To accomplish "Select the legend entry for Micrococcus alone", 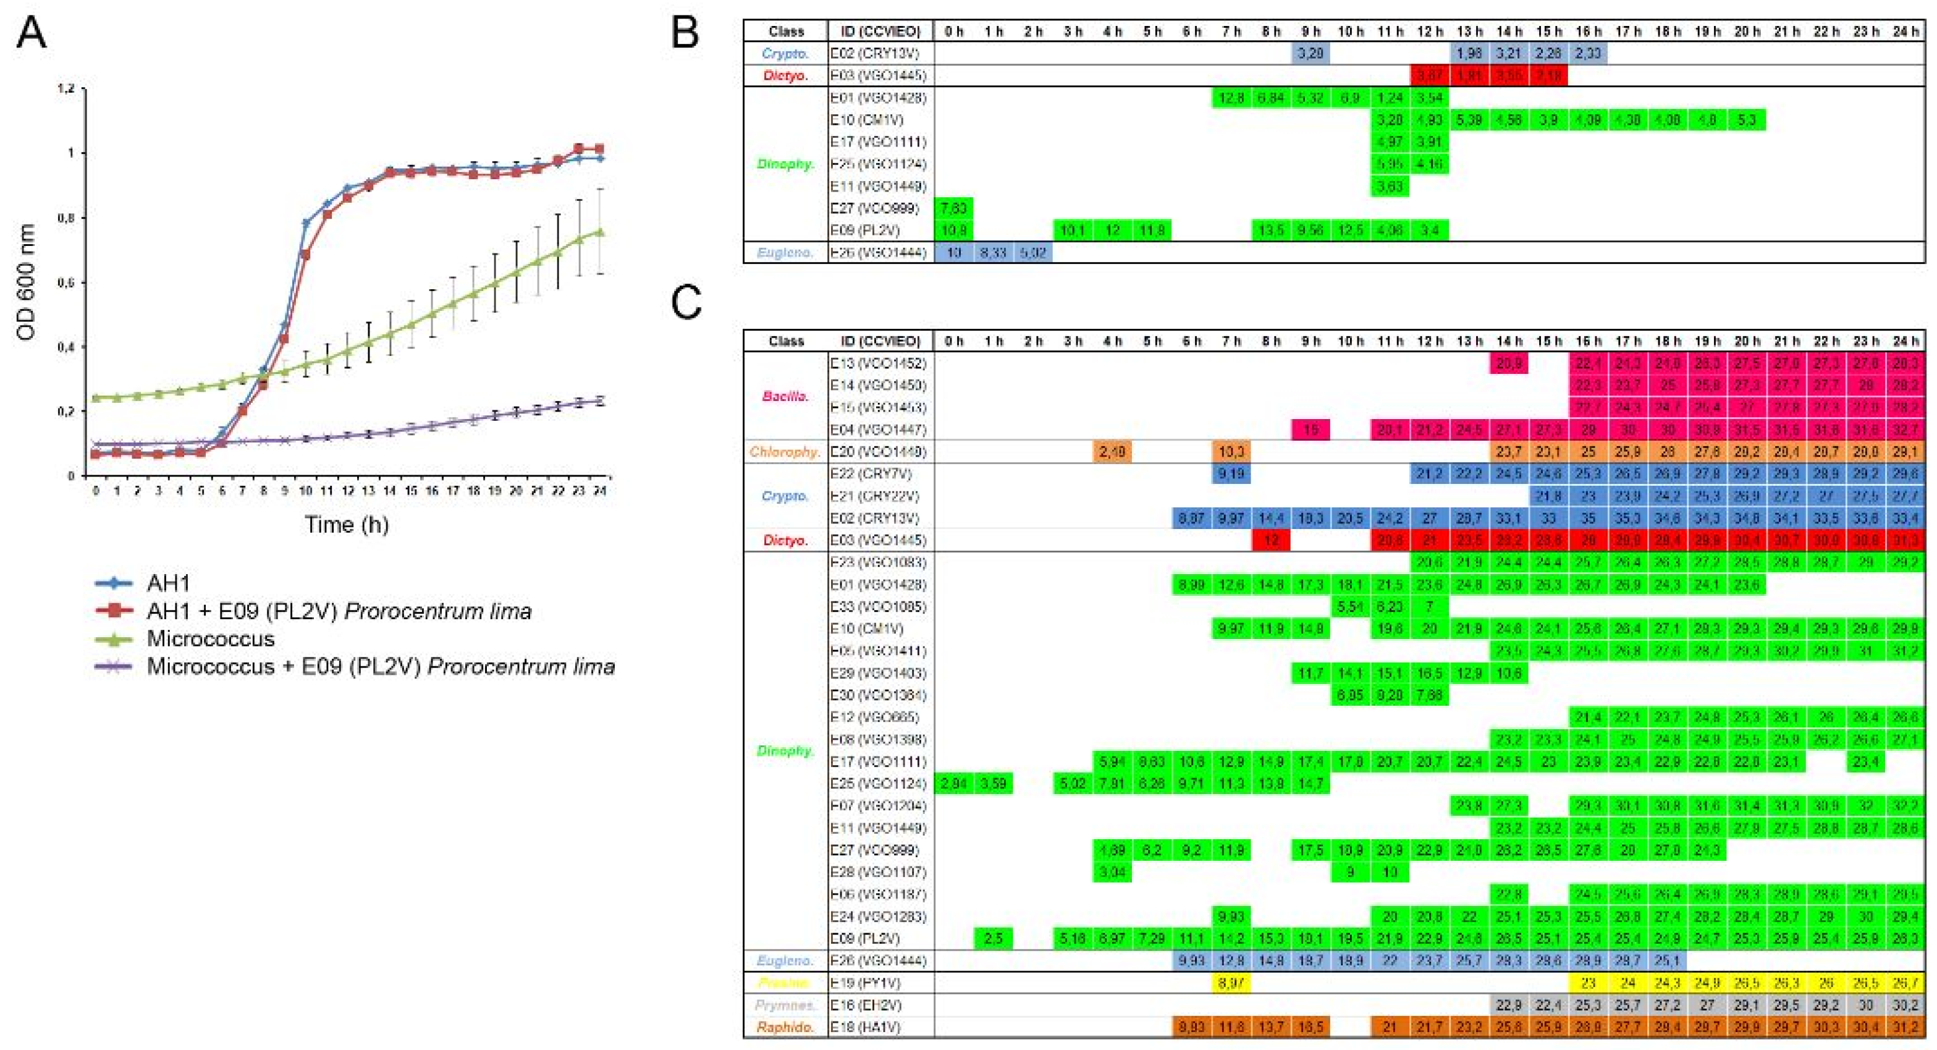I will pos(211,638).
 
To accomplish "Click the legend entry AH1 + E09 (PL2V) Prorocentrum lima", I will pos(339,611).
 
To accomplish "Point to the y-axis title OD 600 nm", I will pos(27,282).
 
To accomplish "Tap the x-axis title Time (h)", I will pos(346,524).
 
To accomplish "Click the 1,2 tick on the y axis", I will pos(66,89).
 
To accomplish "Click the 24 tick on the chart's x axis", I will pos(599,491).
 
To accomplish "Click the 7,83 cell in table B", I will pos(953,208).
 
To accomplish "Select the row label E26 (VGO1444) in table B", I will pos(877,253).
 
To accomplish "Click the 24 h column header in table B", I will pos(1905,31).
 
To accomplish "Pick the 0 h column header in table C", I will pos(953,341).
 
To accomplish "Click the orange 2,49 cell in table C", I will pos(1112,451).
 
